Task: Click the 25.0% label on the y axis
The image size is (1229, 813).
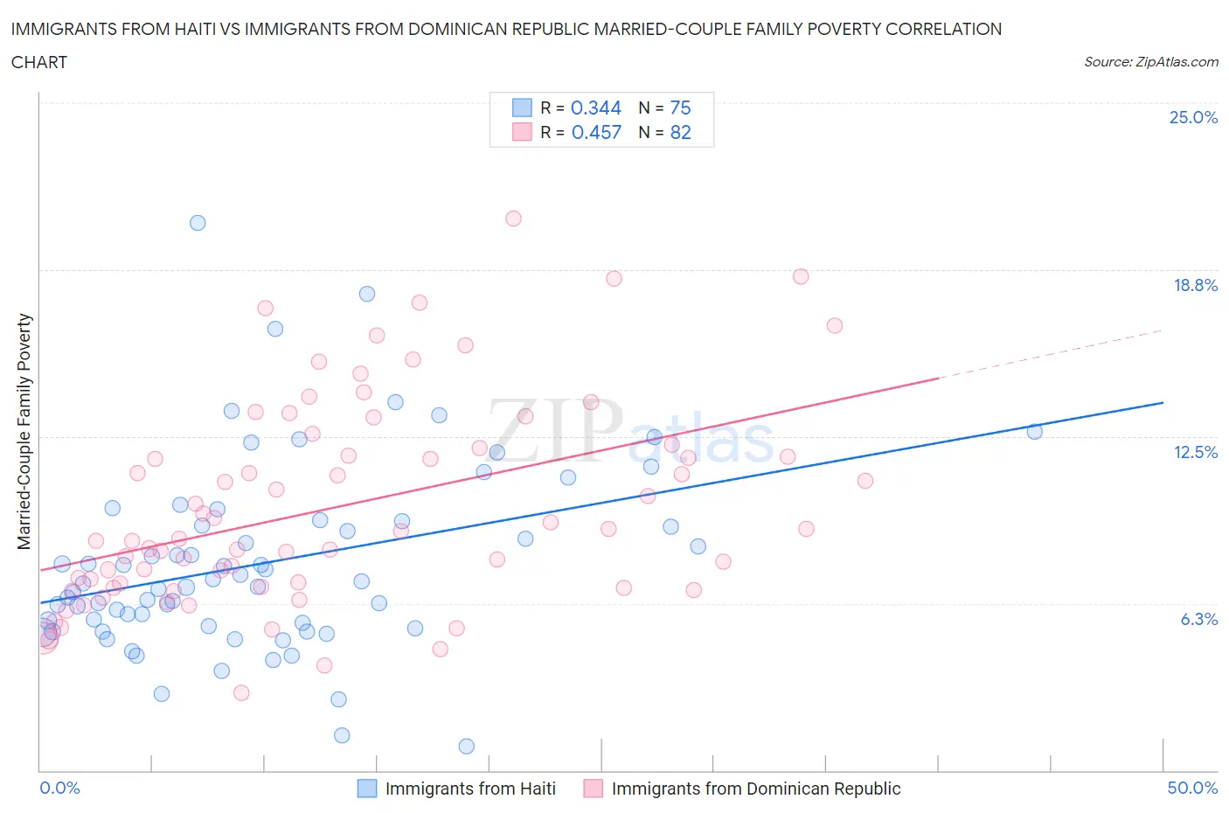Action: (x=1193, y=117)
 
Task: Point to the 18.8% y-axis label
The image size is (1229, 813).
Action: (x=1195, y=285)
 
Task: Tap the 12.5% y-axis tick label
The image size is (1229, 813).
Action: (x=1195, y=452)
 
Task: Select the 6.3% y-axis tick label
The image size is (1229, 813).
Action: (x=1198, y=619)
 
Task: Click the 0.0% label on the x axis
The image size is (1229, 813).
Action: (x=59, y=788)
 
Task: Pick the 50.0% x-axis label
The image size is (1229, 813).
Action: (x=1192, y=788)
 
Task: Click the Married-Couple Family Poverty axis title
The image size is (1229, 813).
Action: (x=24, y=432)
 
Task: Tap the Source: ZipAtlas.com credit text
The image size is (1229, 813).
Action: (x=1150, y=62)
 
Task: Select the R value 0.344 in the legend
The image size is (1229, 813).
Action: (x=595, y=108)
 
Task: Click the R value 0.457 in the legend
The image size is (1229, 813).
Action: (x=596, y=132)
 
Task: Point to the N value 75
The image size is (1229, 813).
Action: (x=680, y=108)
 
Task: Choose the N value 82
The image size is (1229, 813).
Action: (x=680, y=132)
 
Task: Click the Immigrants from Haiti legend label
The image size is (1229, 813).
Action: (x=470, y=789)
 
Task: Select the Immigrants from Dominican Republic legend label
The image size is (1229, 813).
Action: (x=755, y=789)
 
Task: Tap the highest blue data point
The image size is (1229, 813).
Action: (x=198, y=223)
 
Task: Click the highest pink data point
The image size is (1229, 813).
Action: (x=513, y=219)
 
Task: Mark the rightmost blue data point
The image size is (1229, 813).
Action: (x=1034, y=431)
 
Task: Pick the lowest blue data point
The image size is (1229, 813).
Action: (x=466, y=746)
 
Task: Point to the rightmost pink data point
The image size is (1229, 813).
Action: (x=864, y=481)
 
